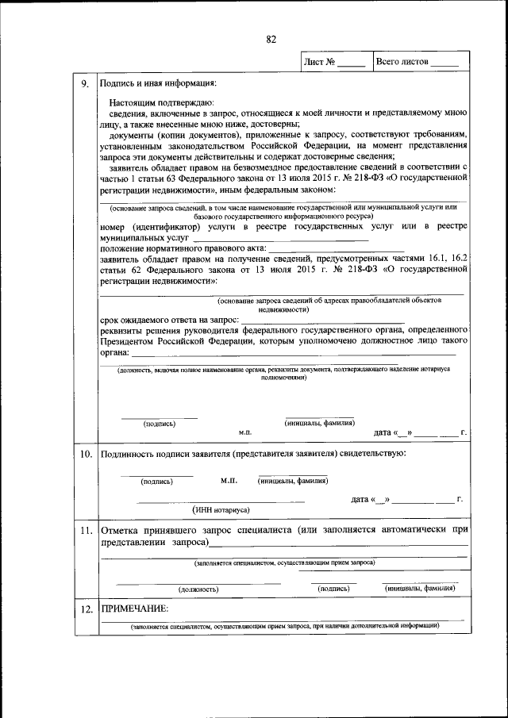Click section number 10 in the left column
coord(85,454)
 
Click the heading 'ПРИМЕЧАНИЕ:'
coord(133,608)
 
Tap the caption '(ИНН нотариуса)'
coord(221,509)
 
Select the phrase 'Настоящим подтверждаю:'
coord(157,103)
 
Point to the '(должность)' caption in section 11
coord(198,589)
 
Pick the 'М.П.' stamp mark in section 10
coord(229,481)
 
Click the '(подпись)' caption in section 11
coord(333,589)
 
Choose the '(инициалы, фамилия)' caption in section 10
coord(293,481)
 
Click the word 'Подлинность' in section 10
coord(132,454)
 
